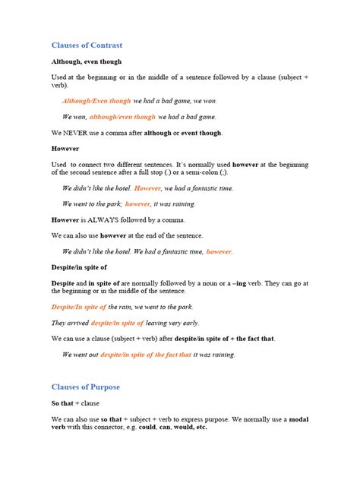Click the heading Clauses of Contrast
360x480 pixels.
[x=87, y=46]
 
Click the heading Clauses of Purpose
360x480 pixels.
[x=85, y=387]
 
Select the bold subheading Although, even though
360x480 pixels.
[x=86, y=62]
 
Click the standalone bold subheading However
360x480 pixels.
[x=65, y=148]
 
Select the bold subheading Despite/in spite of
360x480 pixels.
[x=79, y=267]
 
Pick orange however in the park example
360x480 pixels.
[x=137, y=204]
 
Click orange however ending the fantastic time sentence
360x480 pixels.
[x=219, y=251]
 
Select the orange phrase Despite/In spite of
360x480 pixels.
[x=78, y=306]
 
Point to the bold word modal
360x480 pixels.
[x=295, y=418]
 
